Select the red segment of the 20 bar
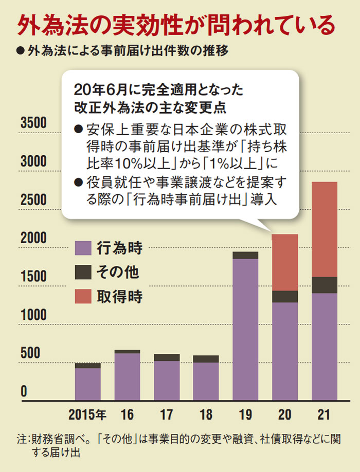tap(285, 262)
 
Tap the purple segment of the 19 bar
tap(245, 329)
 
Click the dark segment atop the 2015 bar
tap(87, 366)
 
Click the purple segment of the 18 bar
tap(206, 381)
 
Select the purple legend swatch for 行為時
tap(84, 248)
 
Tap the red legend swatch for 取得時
tap(84, 296)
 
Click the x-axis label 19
tap(245, 414)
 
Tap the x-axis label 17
tap(166, 414)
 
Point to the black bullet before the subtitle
tap(20, 51)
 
